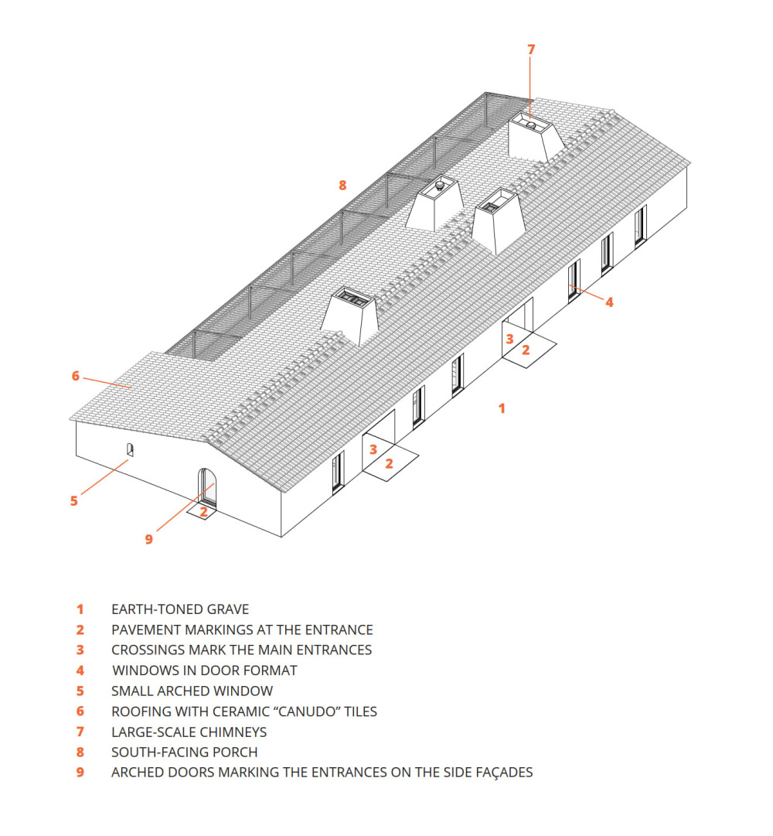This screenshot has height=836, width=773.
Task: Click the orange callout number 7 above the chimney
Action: point(531,49)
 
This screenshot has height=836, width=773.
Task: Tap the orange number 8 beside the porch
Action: point(342,185)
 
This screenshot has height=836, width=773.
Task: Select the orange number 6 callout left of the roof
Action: point(76,376)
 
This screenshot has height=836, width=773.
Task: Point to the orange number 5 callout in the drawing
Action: point(74,500)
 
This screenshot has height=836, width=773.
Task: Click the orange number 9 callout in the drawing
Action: point(149,539)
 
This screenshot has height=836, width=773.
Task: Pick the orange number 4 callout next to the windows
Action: point(609,302)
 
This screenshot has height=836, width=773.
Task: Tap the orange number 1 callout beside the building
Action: point(502,408)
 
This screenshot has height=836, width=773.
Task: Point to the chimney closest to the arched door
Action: point(349,313)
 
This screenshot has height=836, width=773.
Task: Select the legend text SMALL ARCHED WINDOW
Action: point(192,691)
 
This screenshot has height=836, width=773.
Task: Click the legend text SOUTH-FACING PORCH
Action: point(184,752)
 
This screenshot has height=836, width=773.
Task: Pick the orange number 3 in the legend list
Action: point(80,650)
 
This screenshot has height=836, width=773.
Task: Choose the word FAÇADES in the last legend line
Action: point(502,772)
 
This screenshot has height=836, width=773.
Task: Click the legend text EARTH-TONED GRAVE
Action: point(180,609)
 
